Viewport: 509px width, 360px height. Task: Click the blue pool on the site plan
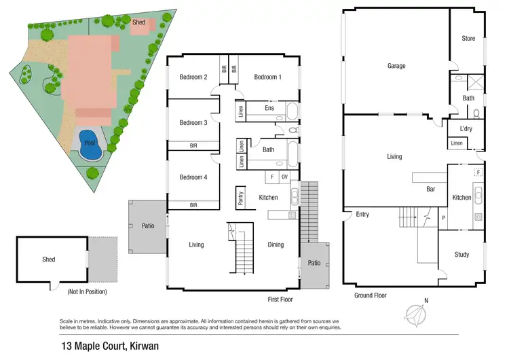(90, 145)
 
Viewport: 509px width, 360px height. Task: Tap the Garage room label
(396, 66)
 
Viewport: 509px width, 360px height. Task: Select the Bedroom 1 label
(267, 77)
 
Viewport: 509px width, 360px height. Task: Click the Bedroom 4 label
(193, 177)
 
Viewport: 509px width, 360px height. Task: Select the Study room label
(461, 255)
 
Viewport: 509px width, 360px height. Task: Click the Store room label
(468, 39)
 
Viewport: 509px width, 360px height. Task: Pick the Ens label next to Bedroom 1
(269, 107)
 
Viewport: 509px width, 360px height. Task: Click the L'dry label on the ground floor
(466, 128)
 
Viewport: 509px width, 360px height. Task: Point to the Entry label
(362, 215)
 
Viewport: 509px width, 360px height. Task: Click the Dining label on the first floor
(276, 245)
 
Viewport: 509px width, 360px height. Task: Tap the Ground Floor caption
(371, 295)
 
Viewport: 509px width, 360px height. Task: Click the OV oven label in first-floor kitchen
(284, 177)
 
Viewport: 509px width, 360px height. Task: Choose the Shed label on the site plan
(138, 22)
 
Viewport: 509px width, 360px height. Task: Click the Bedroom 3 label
(193, 123)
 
